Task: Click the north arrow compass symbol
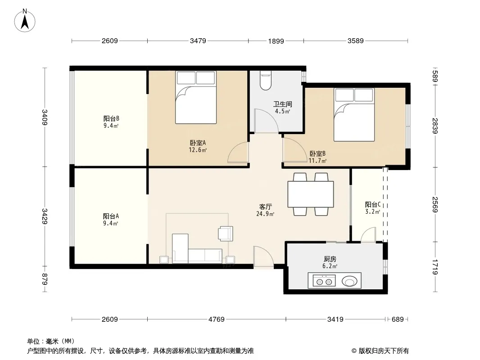pos(25,21)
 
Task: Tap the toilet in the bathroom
pos(265,81)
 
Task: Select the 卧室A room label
pos(198,143)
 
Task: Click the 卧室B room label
pos(317,153)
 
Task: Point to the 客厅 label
pos(265,207)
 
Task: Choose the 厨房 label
pos(330,259)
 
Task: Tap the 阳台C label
pos(372,204)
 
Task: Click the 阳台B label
pos(111,118)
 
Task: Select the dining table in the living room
pos(311,194)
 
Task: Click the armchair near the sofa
pos(226,234)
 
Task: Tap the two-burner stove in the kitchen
pos(324,281)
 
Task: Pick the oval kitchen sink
pos(349,281)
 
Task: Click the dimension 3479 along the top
pos(198,40)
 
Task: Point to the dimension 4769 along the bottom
pos(217,319)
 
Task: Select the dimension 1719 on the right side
pos(435,267)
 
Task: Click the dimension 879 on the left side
pos(45,279)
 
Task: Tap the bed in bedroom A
pos(196,97)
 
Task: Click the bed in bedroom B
pos(354,115)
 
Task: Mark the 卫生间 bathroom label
pos(282,104)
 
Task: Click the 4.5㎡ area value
pos(282,111)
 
